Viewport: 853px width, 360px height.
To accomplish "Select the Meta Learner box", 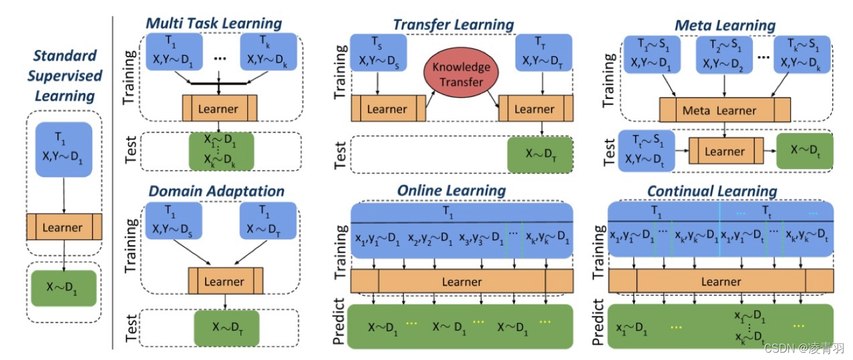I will pos(725,110).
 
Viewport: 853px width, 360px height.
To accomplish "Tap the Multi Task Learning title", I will pos(214,24).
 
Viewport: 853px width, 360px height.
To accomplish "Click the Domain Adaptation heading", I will pos(217,191).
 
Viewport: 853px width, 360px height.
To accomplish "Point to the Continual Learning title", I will pos(712,191).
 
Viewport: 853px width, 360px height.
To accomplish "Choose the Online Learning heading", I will pos(452,190).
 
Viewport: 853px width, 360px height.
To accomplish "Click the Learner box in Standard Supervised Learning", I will pos(63,228).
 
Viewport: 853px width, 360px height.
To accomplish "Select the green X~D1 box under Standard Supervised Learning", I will pos(63,285).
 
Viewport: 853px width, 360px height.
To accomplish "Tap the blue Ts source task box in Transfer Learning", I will pos(378,52).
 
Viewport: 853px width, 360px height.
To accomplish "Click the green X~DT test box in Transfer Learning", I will pos(541,154).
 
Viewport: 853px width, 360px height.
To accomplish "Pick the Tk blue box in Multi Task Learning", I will pos(270,52).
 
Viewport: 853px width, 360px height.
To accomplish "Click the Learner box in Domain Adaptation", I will pos(225,282).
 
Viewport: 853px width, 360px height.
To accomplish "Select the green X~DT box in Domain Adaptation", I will pos(227,327).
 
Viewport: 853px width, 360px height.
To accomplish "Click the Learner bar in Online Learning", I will pos(462,282).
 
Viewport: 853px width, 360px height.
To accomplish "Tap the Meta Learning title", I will pos(725,26).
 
